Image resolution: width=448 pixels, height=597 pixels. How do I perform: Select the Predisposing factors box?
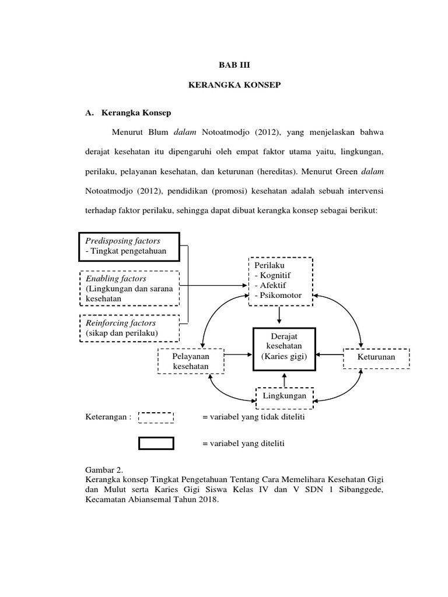point(129,246)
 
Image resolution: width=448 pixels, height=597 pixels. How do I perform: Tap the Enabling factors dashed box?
point(129,289)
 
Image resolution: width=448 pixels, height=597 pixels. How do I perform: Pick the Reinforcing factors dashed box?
point(129,328)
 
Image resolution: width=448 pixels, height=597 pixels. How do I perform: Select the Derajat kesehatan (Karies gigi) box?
point(283,348)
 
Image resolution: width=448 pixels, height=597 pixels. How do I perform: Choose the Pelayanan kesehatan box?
point(190,361)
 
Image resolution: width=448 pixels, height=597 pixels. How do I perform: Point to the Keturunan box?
point(377,357)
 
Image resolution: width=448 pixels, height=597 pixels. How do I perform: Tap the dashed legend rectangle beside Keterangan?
point(156,417)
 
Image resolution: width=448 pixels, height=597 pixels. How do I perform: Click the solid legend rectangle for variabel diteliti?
point(156,443)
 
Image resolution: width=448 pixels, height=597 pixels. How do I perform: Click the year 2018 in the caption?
point(208,500)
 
